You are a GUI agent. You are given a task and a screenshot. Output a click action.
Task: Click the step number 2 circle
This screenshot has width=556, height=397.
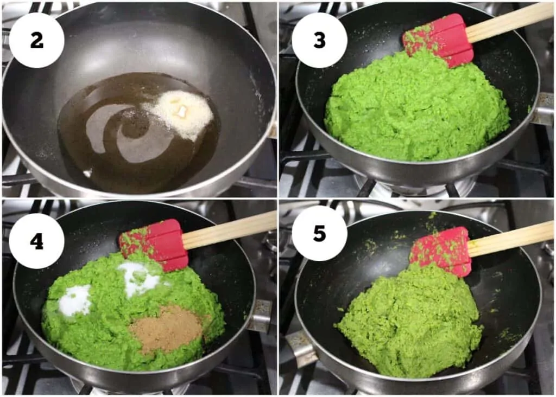pyautogui.click(x=37, y=40)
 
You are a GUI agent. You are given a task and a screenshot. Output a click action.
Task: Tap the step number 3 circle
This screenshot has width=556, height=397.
pyautogui.click(x=319, y=40)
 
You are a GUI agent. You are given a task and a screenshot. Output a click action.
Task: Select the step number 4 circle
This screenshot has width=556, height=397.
pyautogui.click(x=37, y=241)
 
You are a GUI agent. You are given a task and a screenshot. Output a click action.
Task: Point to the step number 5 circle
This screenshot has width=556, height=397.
pyautogui.click(x=319, y=233)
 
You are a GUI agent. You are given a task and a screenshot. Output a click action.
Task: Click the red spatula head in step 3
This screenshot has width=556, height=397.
pyautogui.click(x=438, y=40)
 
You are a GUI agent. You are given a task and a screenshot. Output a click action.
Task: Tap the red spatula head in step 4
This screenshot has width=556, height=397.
pyautogui.click(x=154, y=245)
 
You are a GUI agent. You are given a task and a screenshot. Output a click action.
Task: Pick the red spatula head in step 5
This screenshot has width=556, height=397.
pyautogui.click(x=441, y=252)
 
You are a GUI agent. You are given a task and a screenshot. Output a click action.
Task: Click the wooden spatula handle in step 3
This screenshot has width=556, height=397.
pyautogui.click(x=509, y=22)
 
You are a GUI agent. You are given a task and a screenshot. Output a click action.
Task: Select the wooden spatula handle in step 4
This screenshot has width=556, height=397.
pyautogui.click(x=229, y=229)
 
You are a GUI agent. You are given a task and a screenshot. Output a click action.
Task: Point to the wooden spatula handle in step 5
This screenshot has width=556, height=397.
pyautogui.click(x=510, y=238)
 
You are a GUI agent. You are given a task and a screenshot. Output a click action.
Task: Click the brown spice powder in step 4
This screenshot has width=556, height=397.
pyautogui.click(x=167, y=329)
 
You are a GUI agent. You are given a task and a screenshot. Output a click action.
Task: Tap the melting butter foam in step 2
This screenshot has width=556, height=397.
pyautogui.click(x=181, y=113)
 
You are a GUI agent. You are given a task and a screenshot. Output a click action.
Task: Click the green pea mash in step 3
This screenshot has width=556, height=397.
pyautogui.click(x=416, y=107)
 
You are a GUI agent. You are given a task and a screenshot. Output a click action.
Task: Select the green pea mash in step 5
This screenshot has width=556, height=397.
pyautogui.click(x=409, y=321)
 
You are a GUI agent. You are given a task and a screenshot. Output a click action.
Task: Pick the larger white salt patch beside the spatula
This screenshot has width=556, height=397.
pyautogui.click(x=140, y=279)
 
